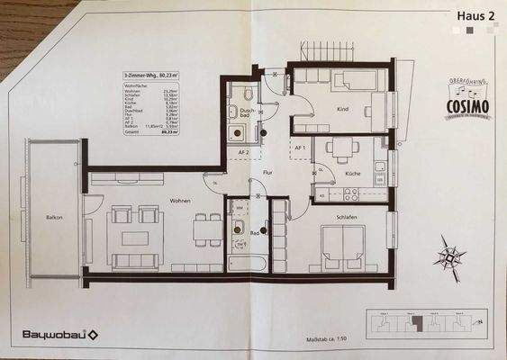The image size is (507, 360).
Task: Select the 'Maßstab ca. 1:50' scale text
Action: pyautogui.click(x=321, y=339)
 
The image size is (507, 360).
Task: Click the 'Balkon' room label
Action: pyautogui.click(x=53, y=219)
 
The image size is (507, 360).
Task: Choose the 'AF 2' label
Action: pyautogui.click(x=242, y=153)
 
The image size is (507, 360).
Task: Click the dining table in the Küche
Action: pyautogui.click(x=343, y=148)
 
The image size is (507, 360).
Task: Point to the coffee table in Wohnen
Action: pyautogui.click(x=135, y=238)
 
